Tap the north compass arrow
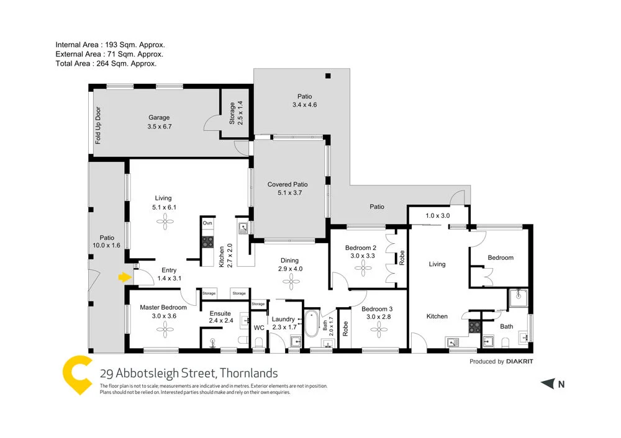547,384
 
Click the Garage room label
159,117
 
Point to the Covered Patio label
288,184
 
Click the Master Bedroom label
163,307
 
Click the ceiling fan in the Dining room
289,282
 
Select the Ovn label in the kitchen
207,223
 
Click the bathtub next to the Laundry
310,323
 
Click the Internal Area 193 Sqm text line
110,45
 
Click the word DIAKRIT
520,362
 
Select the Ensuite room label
220,313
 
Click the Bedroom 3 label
377,309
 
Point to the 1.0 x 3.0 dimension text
438,215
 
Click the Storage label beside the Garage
232,113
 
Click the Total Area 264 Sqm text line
106,63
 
